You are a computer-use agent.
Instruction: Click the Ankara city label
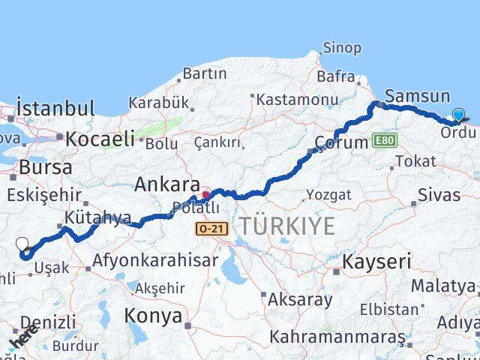click(166, 184)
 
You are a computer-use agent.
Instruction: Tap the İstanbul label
click(55, 108)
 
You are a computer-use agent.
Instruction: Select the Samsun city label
click(417, 96)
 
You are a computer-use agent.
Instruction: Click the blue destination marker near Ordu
click(458, 115)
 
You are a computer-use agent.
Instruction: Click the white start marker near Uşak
click(22, 244)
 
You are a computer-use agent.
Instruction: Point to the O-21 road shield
click(212, 228)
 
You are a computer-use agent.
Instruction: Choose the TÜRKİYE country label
click(287, 226)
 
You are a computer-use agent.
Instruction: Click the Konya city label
click(153, 315)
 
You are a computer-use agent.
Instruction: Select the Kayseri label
click(377, 262)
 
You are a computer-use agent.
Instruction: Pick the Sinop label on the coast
click(341, 48)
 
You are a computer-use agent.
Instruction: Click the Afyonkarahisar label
click(155, 261)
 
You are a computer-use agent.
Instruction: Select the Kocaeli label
click(100, 138)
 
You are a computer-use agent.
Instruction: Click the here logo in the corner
click(22, 339)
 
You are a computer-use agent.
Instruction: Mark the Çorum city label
click(341, 142)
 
